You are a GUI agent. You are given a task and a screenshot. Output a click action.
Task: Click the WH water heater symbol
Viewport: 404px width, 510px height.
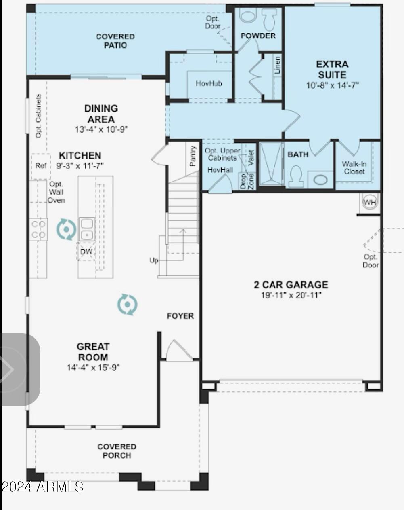(370, 202)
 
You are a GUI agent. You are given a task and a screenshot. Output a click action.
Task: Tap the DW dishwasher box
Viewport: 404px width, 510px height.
(86, 252)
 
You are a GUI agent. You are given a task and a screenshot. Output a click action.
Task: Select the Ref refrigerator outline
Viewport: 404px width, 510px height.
(41, 166)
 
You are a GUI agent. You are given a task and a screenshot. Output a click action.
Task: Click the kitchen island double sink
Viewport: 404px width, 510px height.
(87, 229)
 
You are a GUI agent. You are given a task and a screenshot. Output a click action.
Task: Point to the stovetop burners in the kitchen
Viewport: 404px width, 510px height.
(38, 229)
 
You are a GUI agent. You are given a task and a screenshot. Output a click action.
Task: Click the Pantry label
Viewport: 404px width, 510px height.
(193, 156)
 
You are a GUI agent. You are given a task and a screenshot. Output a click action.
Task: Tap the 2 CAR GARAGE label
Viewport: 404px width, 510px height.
(291, 285)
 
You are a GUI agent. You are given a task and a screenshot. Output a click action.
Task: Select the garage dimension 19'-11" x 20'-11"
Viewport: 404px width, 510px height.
(291, 295)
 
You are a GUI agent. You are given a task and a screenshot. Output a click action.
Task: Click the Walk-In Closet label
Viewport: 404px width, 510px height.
(354, 167)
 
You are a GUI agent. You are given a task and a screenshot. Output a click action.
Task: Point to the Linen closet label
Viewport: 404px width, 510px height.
(277, 65)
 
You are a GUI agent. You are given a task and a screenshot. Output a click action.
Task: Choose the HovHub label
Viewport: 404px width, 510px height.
(209, 83)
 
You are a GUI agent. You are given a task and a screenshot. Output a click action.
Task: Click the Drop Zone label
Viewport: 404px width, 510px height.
(247, 182)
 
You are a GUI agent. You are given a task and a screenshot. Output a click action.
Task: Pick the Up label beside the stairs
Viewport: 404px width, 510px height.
(154, 260)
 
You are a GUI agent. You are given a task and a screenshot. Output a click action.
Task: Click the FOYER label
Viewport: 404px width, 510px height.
(180, 316)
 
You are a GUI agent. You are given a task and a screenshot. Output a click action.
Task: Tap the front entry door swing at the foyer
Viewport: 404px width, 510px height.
(179, 351)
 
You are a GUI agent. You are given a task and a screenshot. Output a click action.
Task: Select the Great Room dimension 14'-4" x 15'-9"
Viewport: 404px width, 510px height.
(93, 368)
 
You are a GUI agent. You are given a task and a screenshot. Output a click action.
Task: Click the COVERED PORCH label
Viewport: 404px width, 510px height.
(117, 451)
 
